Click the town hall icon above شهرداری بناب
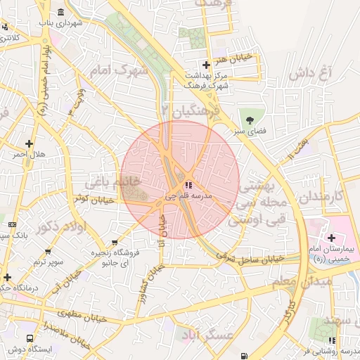[x=61, y=13]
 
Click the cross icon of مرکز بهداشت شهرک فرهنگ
[x=205, y=65]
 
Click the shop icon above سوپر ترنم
[x=48, y=251]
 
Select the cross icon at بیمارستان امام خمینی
[x=331, y=238]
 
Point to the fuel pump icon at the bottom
[x=243, y=356]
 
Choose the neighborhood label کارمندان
[x=328, y=195]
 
